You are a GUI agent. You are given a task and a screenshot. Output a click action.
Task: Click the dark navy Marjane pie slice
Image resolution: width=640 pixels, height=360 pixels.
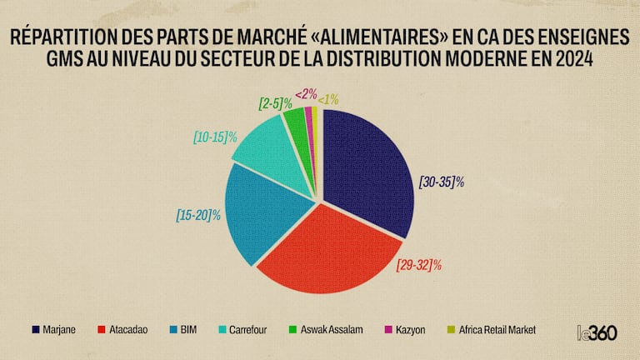(x=367, y=167)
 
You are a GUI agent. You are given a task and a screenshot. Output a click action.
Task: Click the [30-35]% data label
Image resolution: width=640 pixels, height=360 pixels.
(x=441, y=181)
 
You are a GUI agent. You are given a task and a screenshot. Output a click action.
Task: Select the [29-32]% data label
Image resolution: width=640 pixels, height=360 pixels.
(x=418, y=265)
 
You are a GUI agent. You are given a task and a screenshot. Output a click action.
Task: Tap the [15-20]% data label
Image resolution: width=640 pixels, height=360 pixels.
(x=198, y=214)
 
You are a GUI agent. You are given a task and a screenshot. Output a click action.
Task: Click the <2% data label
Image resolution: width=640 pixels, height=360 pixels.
(x=305, y=94)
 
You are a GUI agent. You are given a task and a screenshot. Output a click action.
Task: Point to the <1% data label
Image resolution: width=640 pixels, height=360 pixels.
(x=328, y=99)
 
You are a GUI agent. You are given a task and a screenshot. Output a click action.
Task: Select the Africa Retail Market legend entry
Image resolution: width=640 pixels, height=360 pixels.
(x=492, y=330)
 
